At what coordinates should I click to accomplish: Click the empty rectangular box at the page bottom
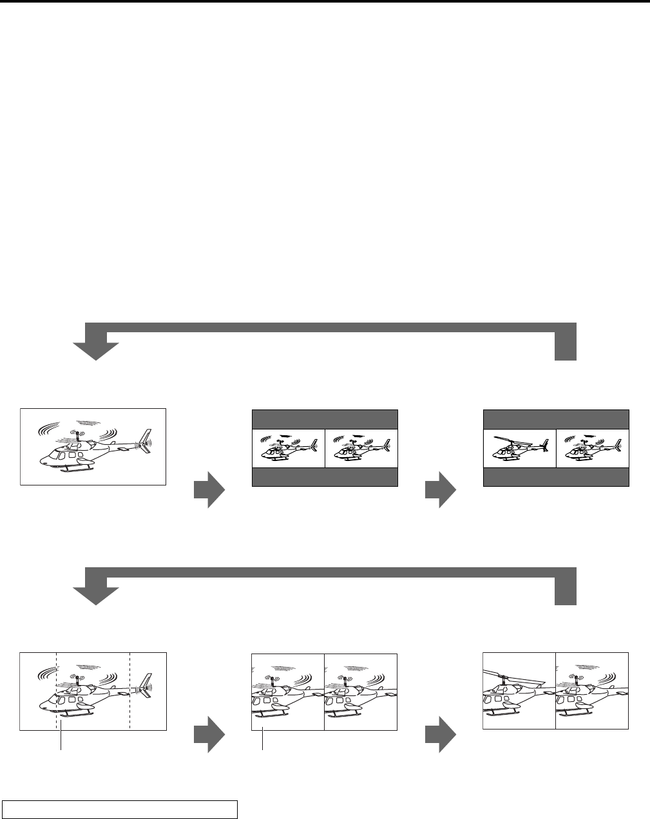[x=120, y=808]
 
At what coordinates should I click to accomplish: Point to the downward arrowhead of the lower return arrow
[x=96, y=596]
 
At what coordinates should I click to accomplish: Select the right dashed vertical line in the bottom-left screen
[x=130, y=682]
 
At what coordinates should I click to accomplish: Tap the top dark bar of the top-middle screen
[x=325, y=419]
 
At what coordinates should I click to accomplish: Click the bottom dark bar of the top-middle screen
[x=325, y=477]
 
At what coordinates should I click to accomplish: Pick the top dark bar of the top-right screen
[x=556, y=419]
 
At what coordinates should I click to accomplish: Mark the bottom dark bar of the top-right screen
[x=556, y=477]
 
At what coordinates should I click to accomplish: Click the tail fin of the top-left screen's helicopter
[x=147, y=440]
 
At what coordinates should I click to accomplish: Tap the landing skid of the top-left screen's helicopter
[x=77, y=469]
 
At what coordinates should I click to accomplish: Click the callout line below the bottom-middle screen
[x=263, y=740]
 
